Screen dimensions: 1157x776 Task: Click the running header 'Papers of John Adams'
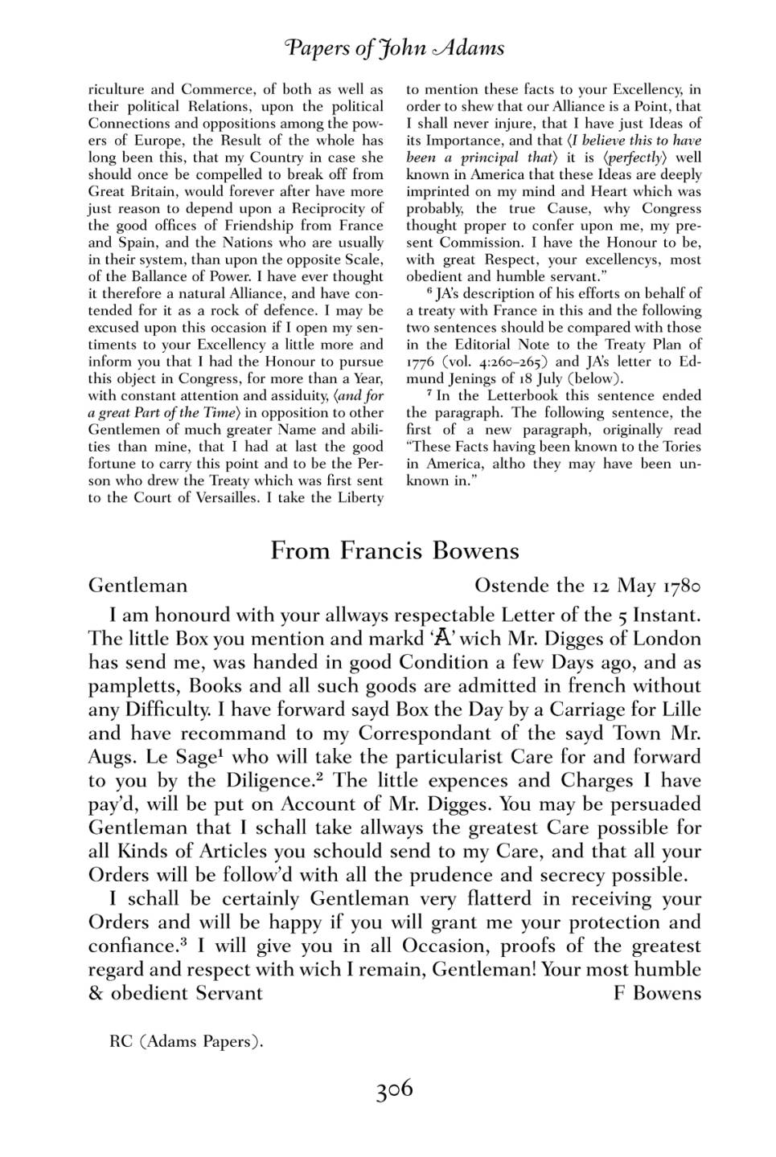[394, 48]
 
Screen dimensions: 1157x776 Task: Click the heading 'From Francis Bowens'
[395, 550]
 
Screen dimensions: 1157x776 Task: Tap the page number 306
[394, 1090]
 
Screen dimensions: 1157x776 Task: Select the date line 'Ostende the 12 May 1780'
[588, 585]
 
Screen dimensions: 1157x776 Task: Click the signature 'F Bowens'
[657, 993]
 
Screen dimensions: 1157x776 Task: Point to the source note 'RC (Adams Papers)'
[187, 1042]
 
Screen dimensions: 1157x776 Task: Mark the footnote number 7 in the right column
[430, 394]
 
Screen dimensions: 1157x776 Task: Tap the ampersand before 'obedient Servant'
[96, 994]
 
